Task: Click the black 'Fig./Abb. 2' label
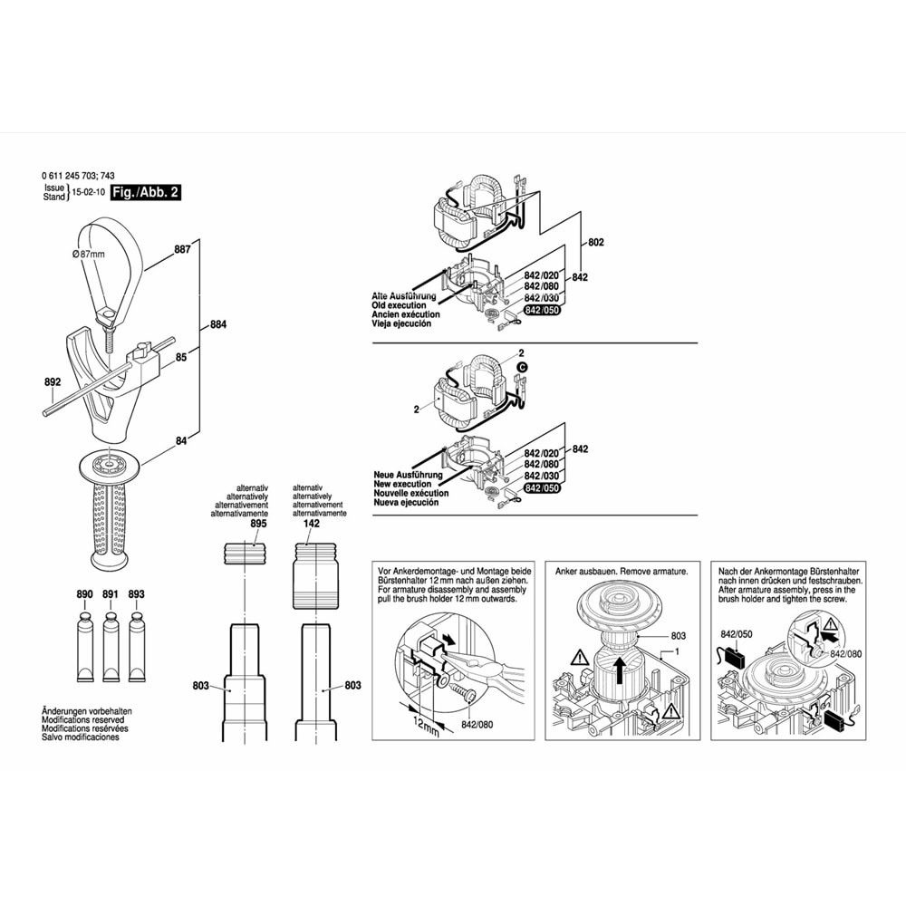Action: tap(145, 194)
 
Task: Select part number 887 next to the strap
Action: tap(182, 250)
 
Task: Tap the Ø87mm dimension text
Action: tap(89, 255)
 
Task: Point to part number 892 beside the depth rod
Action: tap(53, 382)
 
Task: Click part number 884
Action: tap(218, 325)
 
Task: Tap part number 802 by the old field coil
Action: tap(595, 243)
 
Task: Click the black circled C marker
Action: tap(522, 367)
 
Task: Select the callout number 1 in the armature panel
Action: tap(675, 652)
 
